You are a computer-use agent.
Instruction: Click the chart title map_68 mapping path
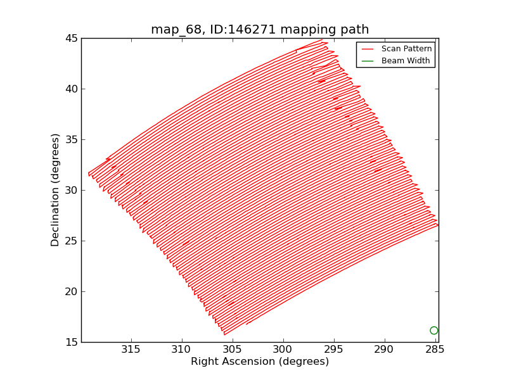pyautogui.click(x=260, y=30)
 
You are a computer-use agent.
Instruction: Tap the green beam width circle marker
pyautogui.click(x=433, y=331)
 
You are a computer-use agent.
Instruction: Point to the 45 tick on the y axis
pyautogui.click(x=70, y=39)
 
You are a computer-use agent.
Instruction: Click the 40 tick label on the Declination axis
pyautogui.click(x=70, y=89)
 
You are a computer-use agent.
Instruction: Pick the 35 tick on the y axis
pyautogui.click(x=70, y=140)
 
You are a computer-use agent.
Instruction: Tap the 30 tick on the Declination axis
pyautogui.click(x=70, y=191)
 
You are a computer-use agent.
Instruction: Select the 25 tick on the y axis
pyautogui.click(x=70, y=241)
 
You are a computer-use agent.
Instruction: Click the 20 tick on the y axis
pyautogui.click(x=70, y=292)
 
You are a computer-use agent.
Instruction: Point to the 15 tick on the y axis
pyautogui.click(x=70, y=343)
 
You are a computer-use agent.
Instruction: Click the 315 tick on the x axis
pyautogui.click(x=131, y=350)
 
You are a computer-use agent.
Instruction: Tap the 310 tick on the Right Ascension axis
pyautogui.click(x=182, y=350)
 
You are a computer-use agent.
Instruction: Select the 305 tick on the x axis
pyautogui.click(x=233, y=350)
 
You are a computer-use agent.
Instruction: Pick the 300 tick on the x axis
pyautogui.click(x=283, y=350)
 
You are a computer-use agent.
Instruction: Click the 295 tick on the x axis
pyautogui.click(x=334, y=350)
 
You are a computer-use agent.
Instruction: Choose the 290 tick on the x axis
pyautogui.click(x=385, y=350)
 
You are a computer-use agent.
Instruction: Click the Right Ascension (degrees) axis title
pyautogui.click(x=260, y=362)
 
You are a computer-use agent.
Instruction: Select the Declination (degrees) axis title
pyautogui.click(x=56, y=190)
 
